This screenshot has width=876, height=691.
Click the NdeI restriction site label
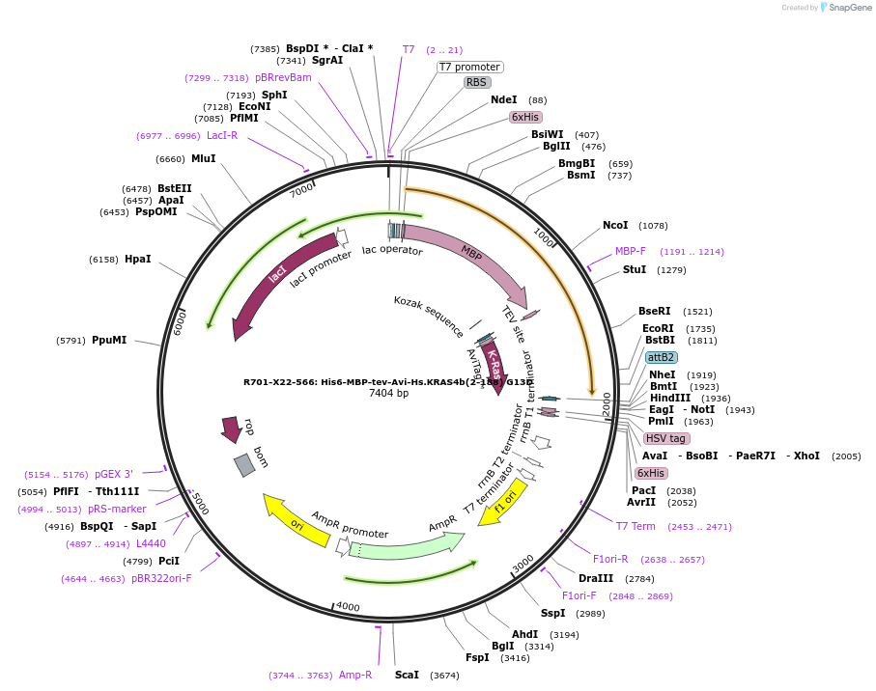click(503, 99)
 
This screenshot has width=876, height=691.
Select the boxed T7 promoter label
click(469, 67)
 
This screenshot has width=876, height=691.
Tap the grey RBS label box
click(477, 83)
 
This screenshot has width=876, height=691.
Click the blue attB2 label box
click(661, 357)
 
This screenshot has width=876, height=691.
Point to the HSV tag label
click(664, 438)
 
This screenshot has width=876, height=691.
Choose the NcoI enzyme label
click(615, 225)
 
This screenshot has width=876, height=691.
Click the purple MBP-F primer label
click(631, 251)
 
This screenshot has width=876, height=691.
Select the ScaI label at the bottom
click(407, 675)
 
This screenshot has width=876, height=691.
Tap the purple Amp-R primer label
click(355, 675)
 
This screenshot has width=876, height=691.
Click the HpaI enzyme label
click(137, 260)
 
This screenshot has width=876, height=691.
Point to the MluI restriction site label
click(203, 159)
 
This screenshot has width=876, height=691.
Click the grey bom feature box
click(244, 465)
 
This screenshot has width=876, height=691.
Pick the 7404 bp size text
click(388, 394)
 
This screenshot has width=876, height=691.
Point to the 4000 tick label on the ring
click(347, 606)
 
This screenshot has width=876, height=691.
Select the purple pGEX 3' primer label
click(113, 474)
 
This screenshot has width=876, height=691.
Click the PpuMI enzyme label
click(108, 340)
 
